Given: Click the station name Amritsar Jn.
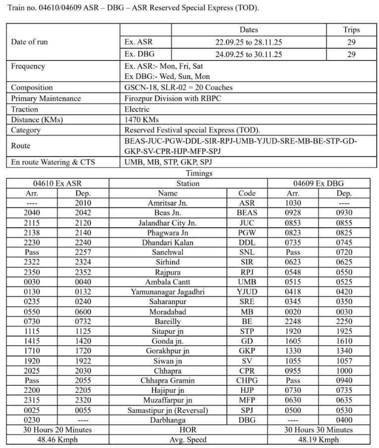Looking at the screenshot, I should (168, 203).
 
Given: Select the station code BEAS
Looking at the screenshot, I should (247, 213).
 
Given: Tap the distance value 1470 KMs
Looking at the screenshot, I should (142, 120).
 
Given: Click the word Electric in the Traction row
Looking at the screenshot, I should (137, 109).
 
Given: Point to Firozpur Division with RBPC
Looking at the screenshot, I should (173, 98).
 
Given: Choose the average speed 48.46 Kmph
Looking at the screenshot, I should (58, 440).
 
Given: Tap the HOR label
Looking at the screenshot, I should (188, 430).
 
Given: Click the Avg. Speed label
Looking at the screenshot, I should (188, 440).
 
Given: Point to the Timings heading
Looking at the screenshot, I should (199, 173).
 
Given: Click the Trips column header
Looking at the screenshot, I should (351, 30).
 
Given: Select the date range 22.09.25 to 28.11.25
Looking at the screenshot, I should (249, 42).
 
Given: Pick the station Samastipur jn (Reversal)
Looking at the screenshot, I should (168, 410).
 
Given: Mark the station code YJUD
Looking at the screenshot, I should (247, 292).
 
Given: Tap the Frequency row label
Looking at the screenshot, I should (28, 66).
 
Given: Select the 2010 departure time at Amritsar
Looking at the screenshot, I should (83, 203).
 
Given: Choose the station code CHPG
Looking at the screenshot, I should (247, 381).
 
